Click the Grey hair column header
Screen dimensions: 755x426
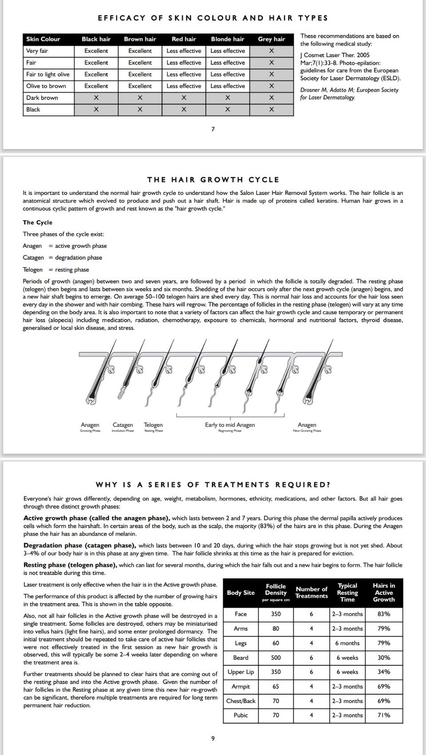(271, 39)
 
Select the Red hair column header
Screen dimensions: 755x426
(184, 39)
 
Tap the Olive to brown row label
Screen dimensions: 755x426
(46, 86)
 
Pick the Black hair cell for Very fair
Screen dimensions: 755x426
(96, 51)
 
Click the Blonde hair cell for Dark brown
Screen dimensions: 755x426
(227, 98)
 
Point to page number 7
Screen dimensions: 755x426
(213, 129)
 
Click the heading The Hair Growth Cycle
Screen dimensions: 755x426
(213, 180)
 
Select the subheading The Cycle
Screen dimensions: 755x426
(38, 222)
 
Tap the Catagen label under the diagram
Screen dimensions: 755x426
(122, 425)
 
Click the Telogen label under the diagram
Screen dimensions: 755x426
(153, 425)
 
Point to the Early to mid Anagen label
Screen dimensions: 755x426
(230, 425)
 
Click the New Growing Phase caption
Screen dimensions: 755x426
(307, 431)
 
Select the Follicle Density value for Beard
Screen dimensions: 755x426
(276, 658)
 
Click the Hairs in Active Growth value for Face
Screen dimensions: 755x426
(384, 614)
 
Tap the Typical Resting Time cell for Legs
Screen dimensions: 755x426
(347, 643)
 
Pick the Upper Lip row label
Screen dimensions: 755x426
(241, 672)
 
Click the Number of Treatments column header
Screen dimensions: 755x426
(312, 593)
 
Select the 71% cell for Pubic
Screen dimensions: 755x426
(384, 715)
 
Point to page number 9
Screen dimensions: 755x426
(213, 739)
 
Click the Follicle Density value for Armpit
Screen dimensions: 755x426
(276, 687)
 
